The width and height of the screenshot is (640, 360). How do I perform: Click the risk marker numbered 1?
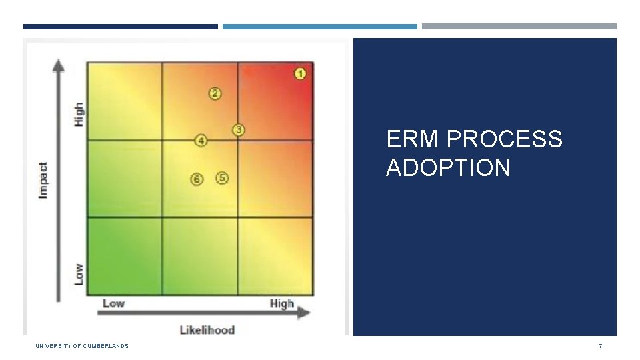click(x=300, y=74)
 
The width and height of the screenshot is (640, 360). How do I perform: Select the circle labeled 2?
click(x=215, y=93)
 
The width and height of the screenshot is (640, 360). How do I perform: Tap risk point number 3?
click(x=239, y=130)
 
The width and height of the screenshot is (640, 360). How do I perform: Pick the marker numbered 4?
click(x=201, y=141)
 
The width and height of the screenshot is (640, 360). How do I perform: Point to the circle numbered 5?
click(x=221, y=178)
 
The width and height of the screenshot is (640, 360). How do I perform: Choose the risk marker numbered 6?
click(x=197, y=179)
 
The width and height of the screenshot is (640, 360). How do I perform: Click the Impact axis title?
click(x=43, y=181)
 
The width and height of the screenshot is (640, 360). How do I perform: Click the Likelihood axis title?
click(x=207, y=330)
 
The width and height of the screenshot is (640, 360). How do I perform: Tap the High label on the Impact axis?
click(x=79, y=114)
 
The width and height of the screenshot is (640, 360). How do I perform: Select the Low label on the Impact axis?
click(x=79, y=274)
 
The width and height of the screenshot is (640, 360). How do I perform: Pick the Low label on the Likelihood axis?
click(x=113, y=303)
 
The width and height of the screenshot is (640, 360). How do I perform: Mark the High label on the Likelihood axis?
click(x=281, y=304)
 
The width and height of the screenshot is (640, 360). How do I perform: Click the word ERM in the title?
click(x=412, y=139)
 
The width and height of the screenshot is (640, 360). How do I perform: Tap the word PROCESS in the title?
click(x=505, y=139)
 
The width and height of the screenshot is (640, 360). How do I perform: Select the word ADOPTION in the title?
click(x=448, y=167)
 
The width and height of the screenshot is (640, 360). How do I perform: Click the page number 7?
click(x=601, y=346)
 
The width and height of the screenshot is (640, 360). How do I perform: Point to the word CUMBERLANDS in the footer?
click(x=105, y=346)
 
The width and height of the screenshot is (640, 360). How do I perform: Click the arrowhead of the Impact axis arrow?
click(x=59, y=65)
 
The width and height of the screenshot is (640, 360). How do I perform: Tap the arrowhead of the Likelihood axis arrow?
click(x=304, y=313)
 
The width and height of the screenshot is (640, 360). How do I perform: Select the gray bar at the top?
click(x=519, y=26)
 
